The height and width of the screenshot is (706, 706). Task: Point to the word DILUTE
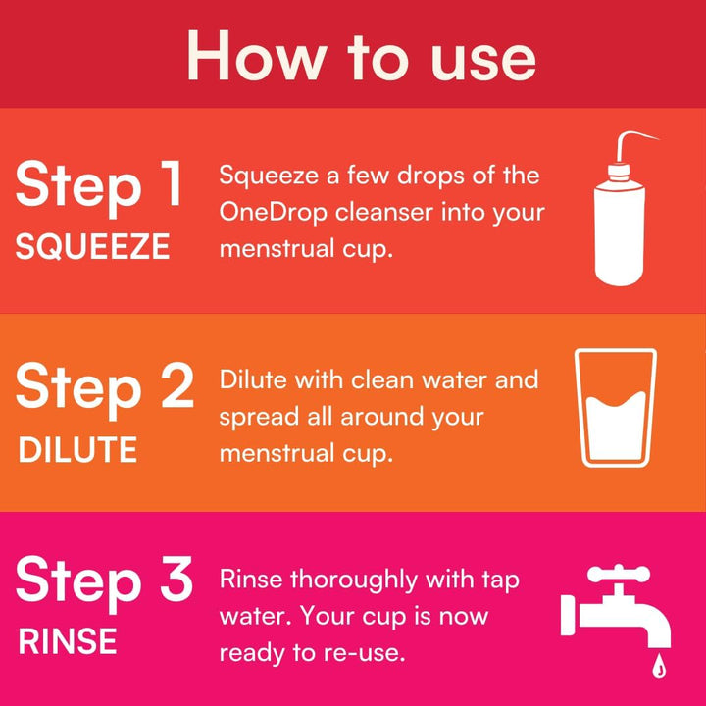77,450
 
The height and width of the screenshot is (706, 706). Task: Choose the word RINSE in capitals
68,642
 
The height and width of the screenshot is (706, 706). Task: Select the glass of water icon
617,408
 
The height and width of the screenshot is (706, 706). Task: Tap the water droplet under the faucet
658,668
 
